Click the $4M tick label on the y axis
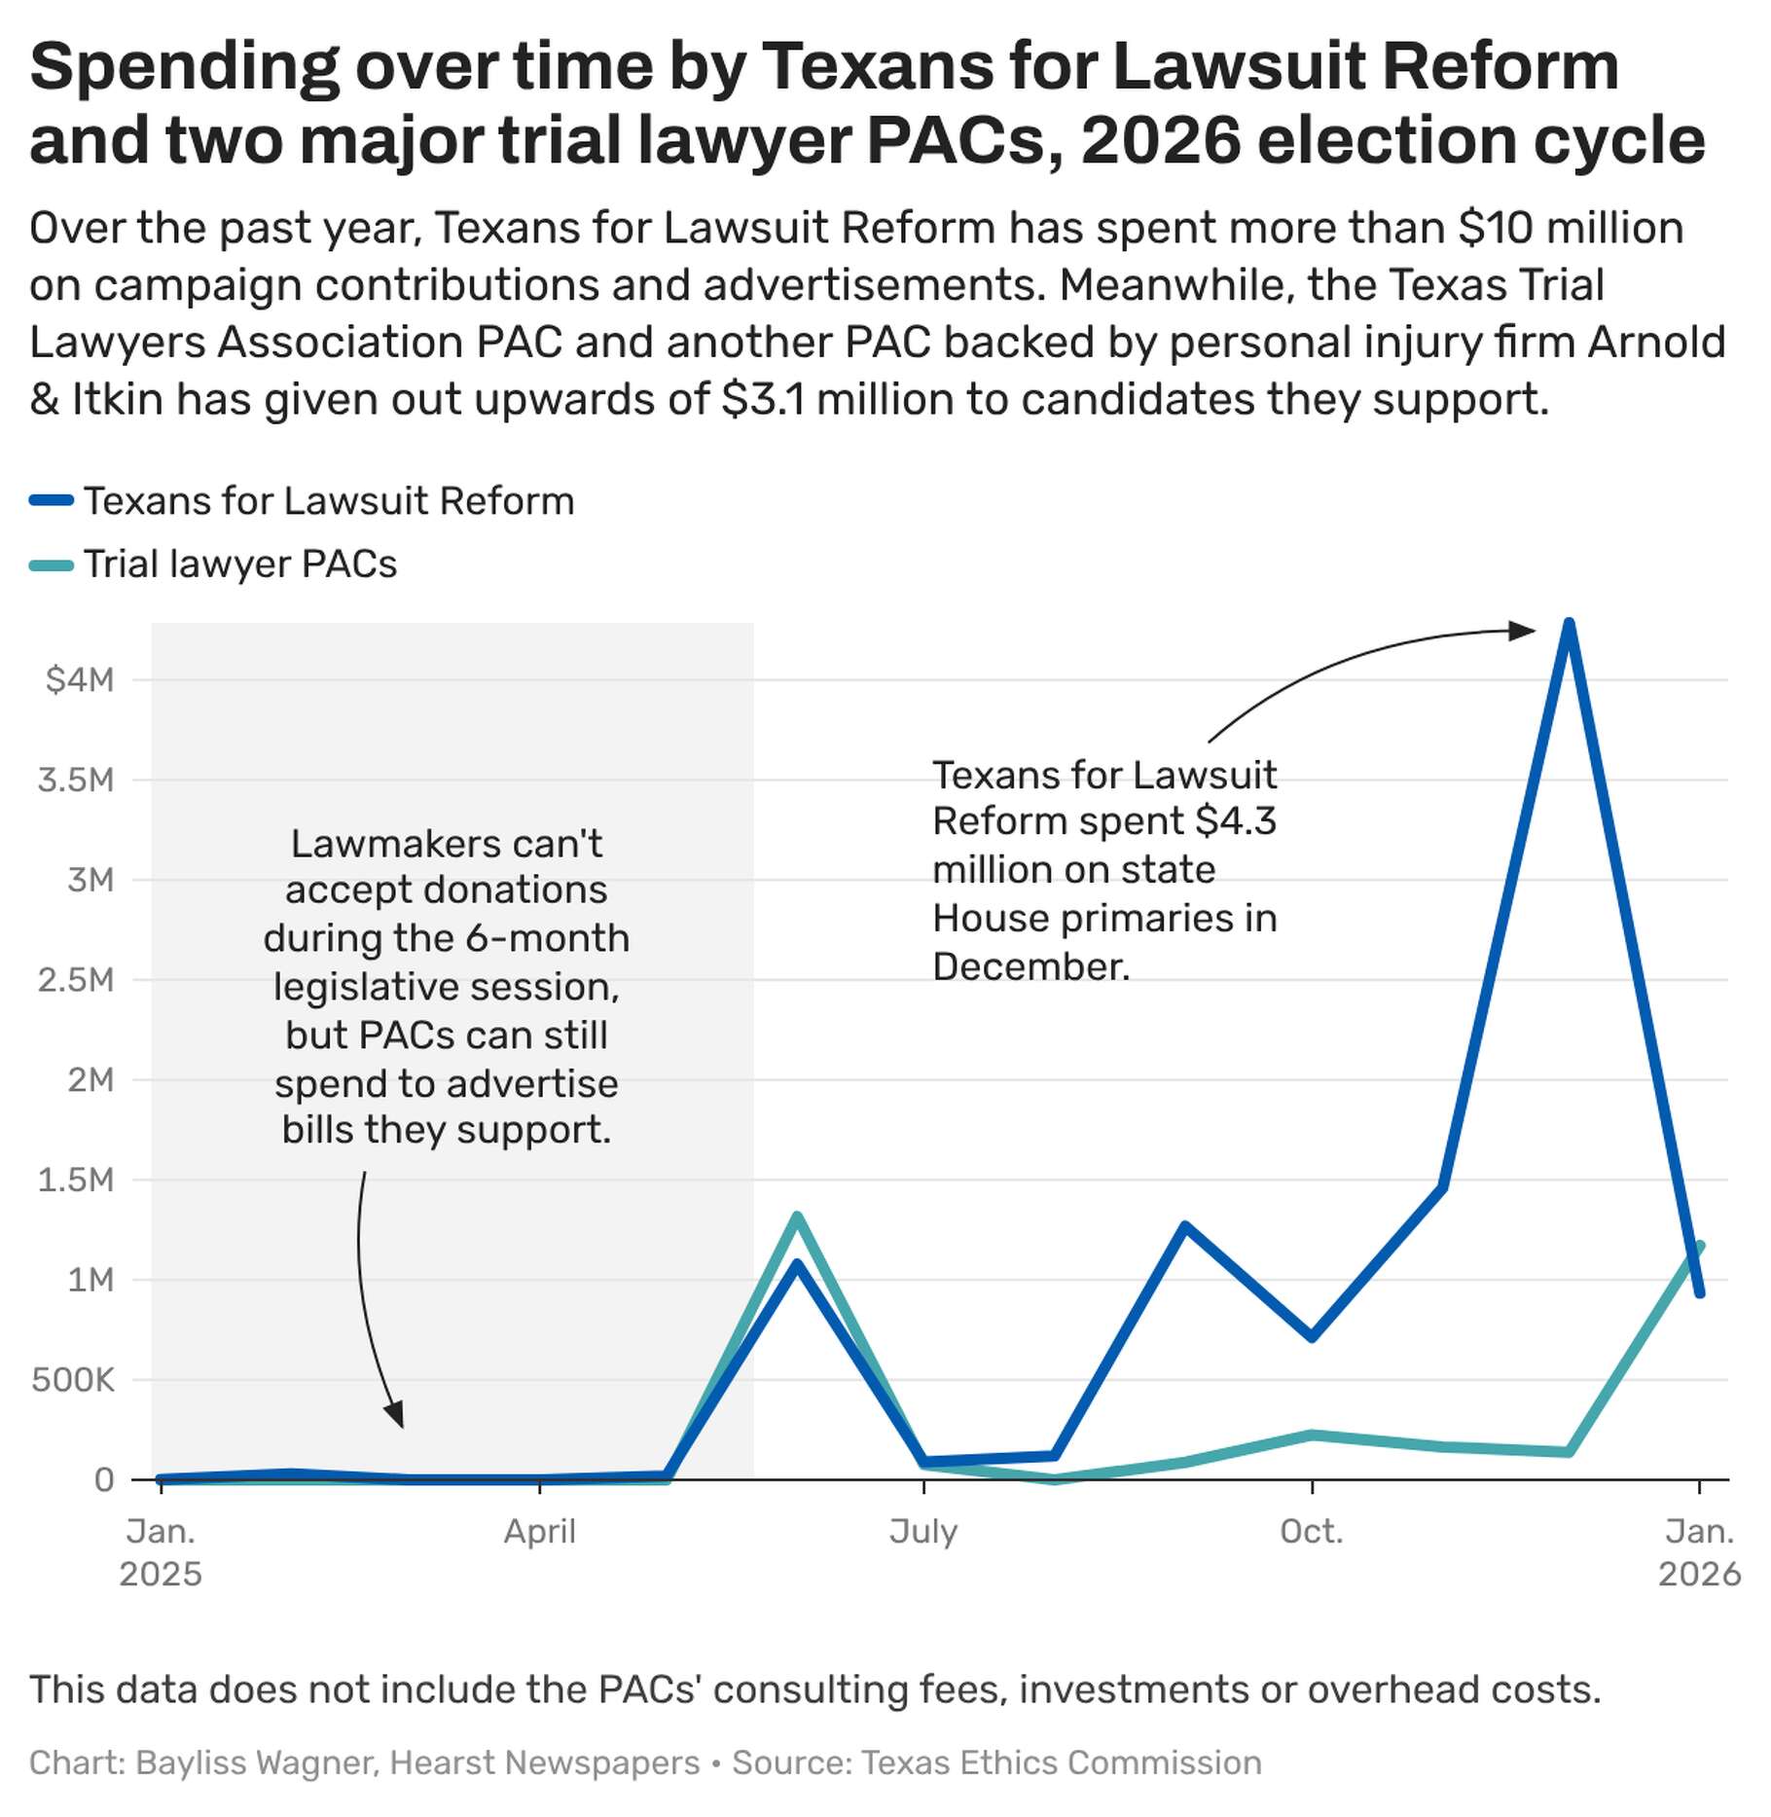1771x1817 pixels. pyautogui.click(x=80, y=679)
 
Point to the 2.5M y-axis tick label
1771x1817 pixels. pyautogui.click(x=76, y=979)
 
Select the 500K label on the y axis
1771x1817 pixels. pyautogui.click(x=73, y=1379)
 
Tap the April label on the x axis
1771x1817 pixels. pyautogui.click(x=540, y=1532)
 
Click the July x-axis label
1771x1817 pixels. pyautogui.click(x=922, y=1532)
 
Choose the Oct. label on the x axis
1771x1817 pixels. pyautogui.click(x=1312, y=1532)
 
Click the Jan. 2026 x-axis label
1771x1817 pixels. pyautogui.click(x=1699, y=1552)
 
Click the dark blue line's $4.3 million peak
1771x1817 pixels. pyautogui.click(x=1568, y=624)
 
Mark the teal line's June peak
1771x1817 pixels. pyautogui.click(x=797, y=1217)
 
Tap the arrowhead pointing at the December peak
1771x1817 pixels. pyautogui.click(x=1523, y=631)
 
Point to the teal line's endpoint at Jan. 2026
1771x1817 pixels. pyautogui.click(x=1699, y=1246)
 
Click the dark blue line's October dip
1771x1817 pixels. pyautogui.click(x=1312, y=1337)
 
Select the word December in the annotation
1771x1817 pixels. pyautogui.click(x=1031, y=967)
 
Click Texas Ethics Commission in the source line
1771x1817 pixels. pyautogui.click(x=1062, y=1762)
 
